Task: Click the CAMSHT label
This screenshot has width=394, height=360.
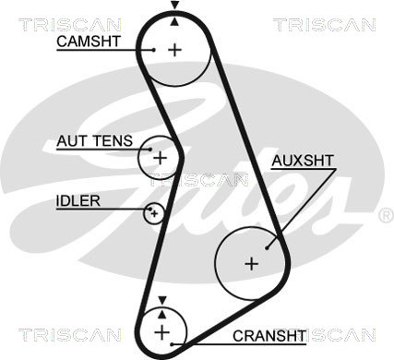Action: [x=89, y=42]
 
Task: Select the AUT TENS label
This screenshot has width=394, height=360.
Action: [x=94, y=141]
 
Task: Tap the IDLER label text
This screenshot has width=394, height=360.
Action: [x=78, y=201]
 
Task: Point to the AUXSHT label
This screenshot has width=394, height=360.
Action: [x=303, y=161]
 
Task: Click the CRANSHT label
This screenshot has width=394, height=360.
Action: [x=269, y=336]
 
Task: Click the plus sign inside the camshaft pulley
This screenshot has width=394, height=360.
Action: [x=175, y=50]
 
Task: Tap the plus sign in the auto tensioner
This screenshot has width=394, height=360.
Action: [x=160, y=158]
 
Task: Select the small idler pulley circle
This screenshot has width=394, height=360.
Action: [x=154, y=213]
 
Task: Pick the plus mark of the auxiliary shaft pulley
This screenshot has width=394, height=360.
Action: [x=252, y=264]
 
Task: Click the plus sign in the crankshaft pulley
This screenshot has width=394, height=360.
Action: [x=161, y=332]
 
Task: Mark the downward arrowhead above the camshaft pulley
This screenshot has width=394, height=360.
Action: [x=175, y=5]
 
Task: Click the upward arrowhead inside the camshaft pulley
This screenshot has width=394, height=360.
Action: [x=174, y=21]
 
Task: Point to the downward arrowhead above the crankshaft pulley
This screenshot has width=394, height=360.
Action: [x=162, y=300]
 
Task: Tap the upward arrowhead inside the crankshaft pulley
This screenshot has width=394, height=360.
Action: [x=162, y=314]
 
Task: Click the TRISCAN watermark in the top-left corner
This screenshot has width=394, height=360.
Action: [x=70, y=25]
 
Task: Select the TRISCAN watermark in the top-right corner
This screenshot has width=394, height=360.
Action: [x=325, y=25]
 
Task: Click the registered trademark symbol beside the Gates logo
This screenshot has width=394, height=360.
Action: [x=386, y=215]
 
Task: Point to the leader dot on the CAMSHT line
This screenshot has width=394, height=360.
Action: [x=153, y=50]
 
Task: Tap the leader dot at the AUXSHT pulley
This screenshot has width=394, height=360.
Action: [x=267, y=247]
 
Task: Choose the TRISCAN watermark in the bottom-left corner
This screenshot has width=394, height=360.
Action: [x=70, y=335]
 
